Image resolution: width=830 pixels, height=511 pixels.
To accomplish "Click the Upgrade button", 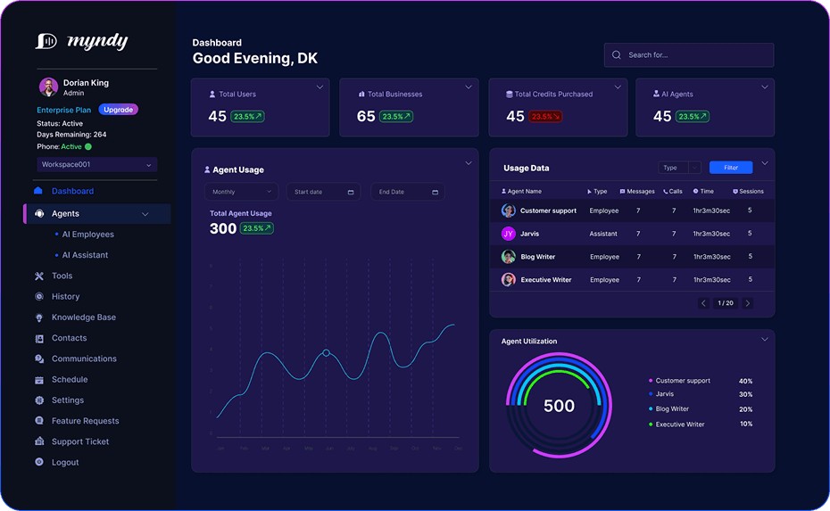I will (118, 110).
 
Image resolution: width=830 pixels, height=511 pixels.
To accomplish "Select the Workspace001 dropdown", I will (96, 164).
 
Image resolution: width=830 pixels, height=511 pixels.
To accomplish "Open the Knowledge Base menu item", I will (83, 317).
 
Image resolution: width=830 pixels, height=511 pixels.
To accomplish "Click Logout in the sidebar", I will (64, 462).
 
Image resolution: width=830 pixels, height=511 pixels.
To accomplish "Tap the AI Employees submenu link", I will (87, 235).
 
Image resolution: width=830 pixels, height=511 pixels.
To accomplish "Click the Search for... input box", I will (688, 55).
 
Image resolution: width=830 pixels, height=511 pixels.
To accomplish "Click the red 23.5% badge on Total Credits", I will (545, 117).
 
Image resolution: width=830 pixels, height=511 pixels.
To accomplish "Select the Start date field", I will (323, 192).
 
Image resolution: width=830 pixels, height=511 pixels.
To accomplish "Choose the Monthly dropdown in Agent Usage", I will (241, 192).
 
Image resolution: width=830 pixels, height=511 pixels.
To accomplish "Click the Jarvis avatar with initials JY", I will (508, 234).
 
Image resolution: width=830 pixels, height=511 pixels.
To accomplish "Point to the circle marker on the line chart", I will (326, 353).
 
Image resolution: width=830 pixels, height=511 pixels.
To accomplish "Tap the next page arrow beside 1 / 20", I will (747, 303).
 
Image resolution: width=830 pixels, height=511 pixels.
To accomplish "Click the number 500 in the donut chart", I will (559, 406).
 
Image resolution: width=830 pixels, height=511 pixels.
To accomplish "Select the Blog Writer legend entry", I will (672, 409).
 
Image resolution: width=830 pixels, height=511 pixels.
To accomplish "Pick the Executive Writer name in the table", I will (545, 280).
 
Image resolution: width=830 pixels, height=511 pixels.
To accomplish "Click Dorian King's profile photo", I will (48, 87).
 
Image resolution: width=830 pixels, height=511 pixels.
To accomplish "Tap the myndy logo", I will (81, 41).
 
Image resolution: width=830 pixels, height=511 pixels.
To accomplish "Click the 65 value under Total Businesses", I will (366, 117).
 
